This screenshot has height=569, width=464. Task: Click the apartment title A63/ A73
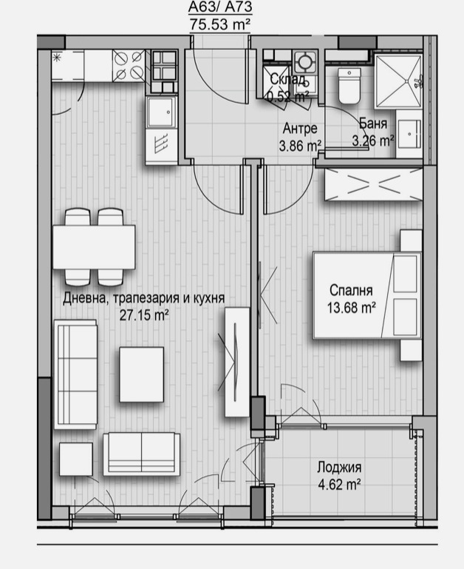tap(220, 7)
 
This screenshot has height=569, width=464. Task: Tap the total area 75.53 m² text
tap(220, 24)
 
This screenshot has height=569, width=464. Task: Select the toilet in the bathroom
tap(349, 86)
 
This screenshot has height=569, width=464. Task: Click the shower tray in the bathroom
tap(398, 81)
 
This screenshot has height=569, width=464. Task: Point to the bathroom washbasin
tap(409, 134)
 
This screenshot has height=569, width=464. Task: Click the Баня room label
tap(373, 124)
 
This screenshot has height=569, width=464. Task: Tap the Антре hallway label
tap(300, 128)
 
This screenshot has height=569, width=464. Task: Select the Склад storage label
tap(287, 79)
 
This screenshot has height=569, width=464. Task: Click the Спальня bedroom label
tap(351, 290)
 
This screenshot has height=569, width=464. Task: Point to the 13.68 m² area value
tap(351, 308)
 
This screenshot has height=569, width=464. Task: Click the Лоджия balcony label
tap(339, 468)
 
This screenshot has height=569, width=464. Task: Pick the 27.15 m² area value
tap(144, 315)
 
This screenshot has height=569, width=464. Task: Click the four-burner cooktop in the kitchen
tap(129, 66)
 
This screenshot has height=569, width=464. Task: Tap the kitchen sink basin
tap(161, 112)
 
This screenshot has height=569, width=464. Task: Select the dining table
tap(95, 247)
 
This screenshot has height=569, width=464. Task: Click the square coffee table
tap(141, 374)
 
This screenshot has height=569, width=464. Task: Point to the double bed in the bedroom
tap(367, 296)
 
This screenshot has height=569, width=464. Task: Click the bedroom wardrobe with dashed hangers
tap(374, 184)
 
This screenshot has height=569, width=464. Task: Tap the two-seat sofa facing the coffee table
tap(141, 454)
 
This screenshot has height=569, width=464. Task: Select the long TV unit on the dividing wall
tap(237, 362)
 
